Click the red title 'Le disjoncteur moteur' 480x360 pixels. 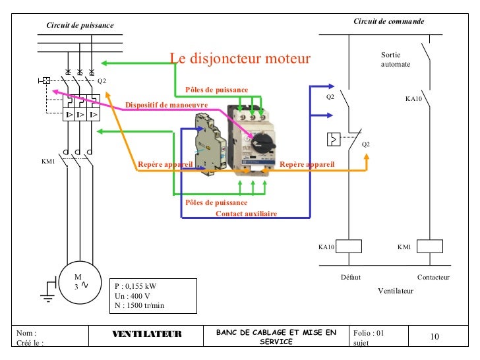[x=240, y=58]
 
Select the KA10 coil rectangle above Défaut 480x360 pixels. [x=349, y=246]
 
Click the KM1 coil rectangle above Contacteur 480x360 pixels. [x=430, y=246]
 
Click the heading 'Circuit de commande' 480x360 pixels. [x=389, y=21]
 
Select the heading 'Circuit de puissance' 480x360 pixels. [x=80, y=25]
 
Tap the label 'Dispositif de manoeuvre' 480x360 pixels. [x=167, y=105]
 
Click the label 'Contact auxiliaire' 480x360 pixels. [x=247, y=214]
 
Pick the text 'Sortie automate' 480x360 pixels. [x=396, y=59]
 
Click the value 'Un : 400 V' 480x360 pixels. [x=133, y=296]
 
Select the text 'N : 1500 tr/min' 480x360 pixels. [x=139, y=305]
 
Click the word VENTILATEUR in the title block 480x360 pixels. [x=147, y=334]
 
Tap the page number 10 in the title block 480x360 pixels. [x=435, y=336]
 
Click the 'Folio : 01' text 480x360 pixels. [x=369, y=333]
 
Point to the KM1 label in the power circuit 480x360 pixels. [x=48, y=162]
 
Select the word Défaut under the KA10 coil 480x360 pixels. [x=351, y=277]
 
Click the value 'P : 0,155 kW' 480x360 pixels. [x=135, y=286]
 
